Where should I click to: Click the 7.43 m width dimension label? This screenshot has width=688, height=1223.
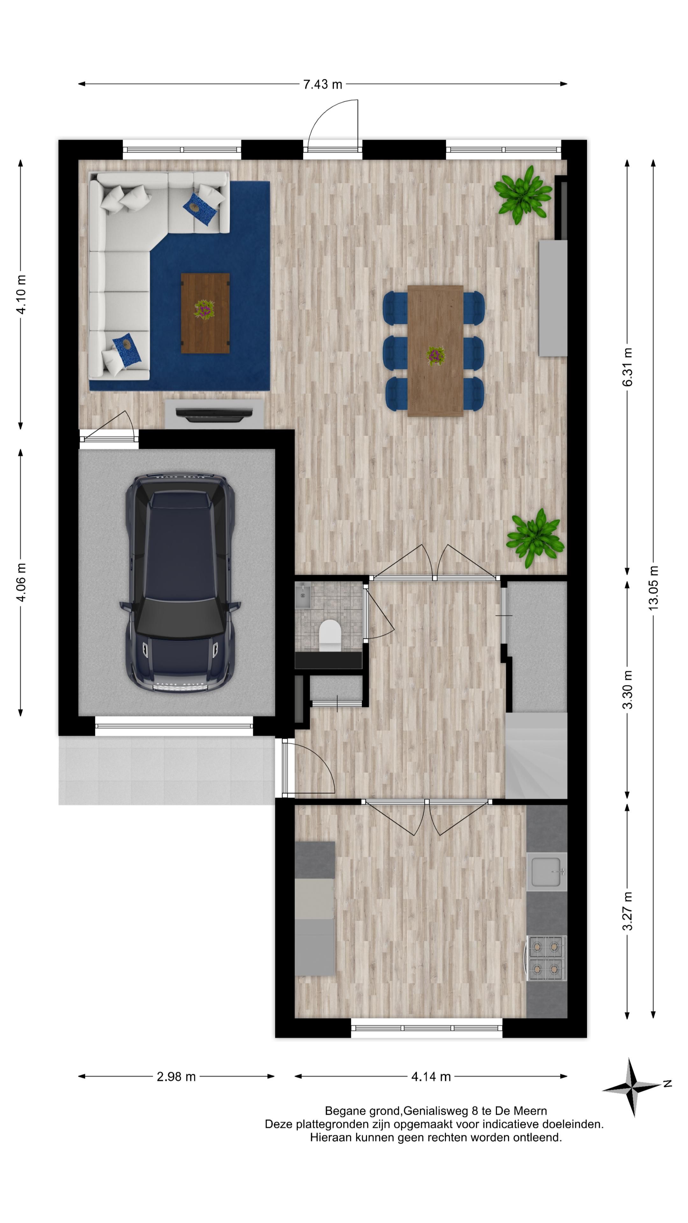tap(322, 84)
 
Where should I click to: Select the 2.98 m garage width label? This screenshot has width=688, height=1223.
tap(176, 1076)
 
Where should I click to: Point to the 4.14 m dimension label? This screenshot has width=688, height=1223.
tap(431, 1076)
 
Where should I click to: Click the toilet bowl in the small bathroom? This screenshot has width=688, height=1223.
tap(330, 635)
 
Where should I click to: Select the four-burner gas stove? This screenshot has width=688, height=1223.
tap(547, 958)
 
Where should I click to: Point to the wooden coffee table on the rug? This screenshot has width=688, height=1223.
tap(205, 313)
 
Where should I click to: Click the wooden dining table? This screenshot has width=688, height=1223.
tap(435, 351)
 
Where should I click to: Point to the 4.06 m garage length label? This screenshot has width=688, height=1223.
tap(21, 582)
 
